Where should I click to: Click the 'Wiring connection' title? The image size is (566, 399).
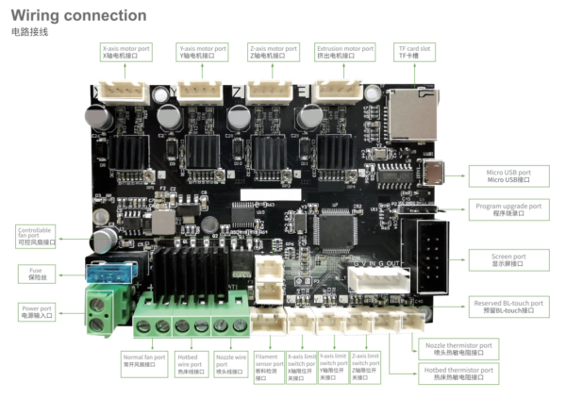(78, 15)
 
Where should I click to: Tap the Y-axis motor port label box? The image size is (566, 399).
(202, 51)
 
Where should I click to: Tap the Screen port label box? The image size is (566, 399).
(508, 260)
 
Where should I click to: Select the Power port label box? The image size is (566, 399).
(37, 312)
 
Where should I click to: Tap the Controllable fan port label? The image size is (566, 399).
(37, 235)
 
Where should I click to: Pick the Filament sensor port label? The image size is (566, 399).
(269, 368)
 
